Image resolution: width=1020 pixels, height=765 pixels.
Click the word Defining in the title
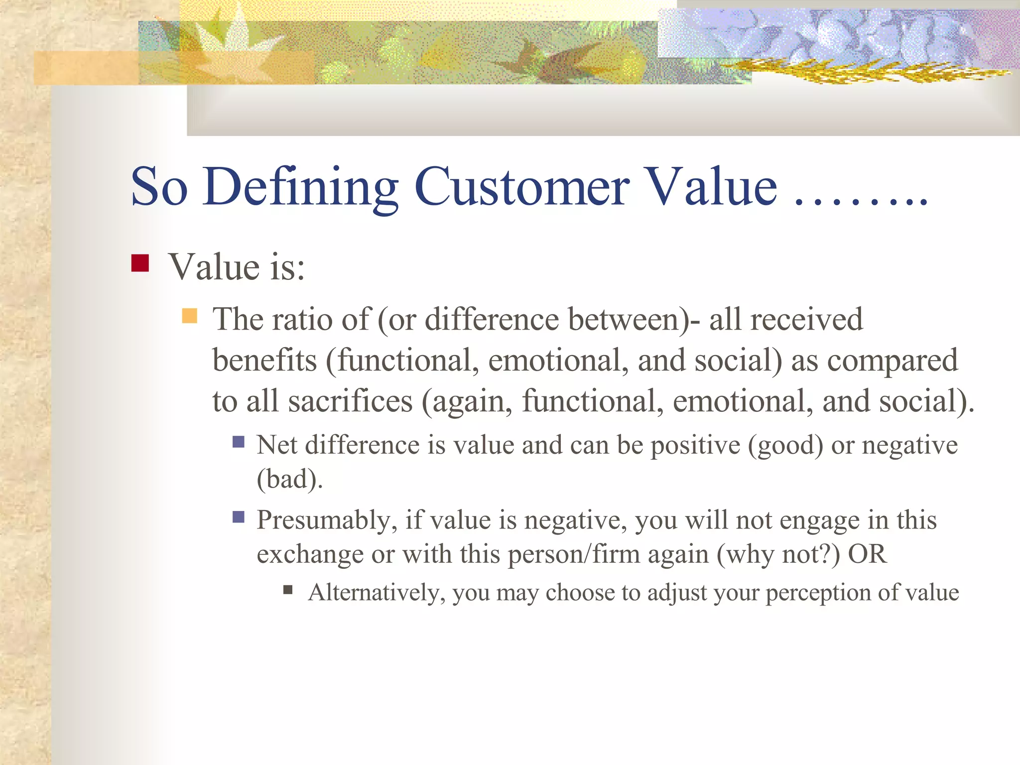click(300, 187)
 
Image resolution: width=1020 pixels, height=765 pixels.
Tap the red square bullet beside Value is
click(140, 263)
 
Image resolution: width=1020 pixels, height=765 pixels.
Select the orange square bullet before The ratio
click(190, 316)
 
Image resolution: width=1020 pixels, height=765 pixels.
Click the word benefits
click(264, 360)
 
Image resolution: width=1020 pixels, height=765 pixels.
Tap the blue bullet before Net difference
click(239, 442)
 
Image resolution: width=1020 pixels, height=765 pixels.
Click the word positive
click(695, 446)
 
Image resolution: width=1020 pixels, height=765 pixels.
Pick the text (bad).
click(289, 480)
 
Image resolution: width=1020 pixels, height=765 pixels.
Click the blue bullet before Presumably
click(239, 516)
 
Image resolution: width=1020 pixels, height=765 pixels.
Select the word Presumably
click(327, 521)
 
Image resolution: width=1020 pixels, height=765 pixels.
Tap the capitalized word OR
click(867, 554)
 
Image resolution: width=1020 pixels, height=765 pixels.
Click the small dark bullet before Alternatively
click(287, 590)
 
